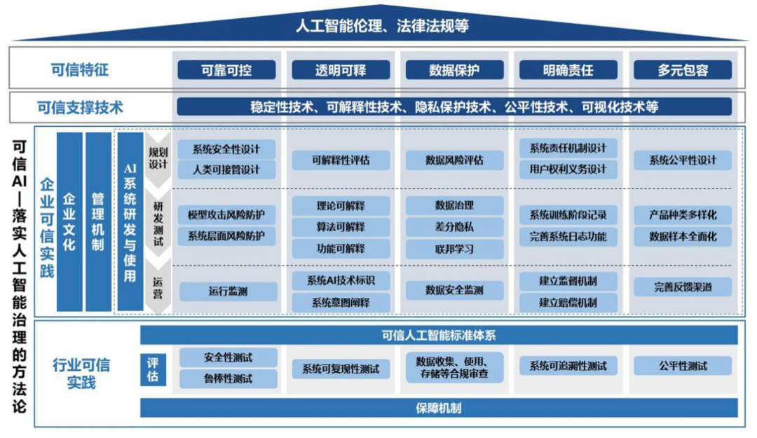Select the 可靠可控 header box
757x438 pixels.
226,70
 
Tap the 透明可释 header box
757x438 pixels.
341,70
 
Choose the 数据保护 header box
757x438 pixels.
455,70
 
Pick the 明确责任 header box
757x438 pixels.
568,70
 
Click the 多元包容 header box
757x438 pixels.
683,70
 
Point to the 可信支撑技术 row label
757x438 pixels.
80,107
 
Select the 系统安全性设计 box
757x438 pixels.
226,149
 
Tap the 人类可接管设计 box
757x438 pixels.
226,170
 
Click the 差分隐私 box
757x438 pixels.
454,227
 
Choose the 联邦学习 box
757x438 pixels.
454,249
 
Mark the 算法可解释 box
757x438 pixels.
341,227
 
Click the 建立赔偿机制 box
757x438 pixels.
568,303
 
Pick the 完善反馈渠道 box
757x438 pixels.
683,287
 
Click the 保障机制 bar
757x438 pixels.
439,408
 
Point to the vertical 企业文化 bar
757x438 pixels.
69,221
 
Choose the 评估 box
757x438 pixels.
154,369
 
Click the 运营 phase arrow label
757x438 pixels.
158,288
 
